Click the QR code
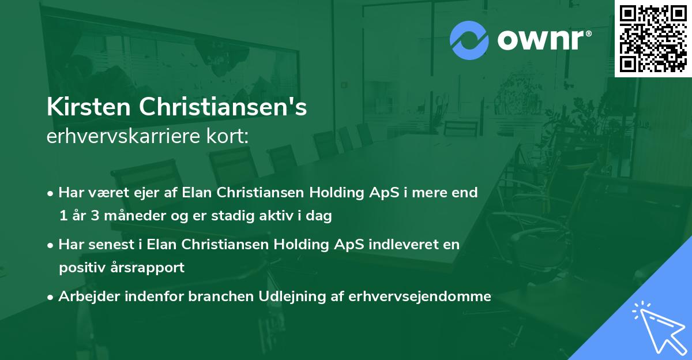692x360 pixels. point(653,39)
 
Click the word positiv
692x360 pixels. point(79,268)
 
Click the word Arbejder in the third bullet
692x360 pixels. point(85,297)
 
